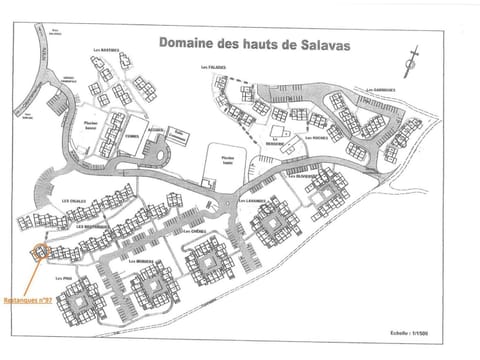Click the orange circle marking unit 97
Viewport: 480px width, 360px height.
[41, 252]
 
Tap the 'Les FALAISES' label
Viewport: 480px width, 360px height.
[213, 68]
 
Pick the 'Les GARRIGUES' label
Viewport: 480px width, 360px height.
[381, 90]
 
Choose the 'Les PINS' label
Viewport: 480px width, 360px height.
[64, 278]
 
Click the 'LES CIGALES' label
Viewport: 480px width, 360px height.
[73, 199]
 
